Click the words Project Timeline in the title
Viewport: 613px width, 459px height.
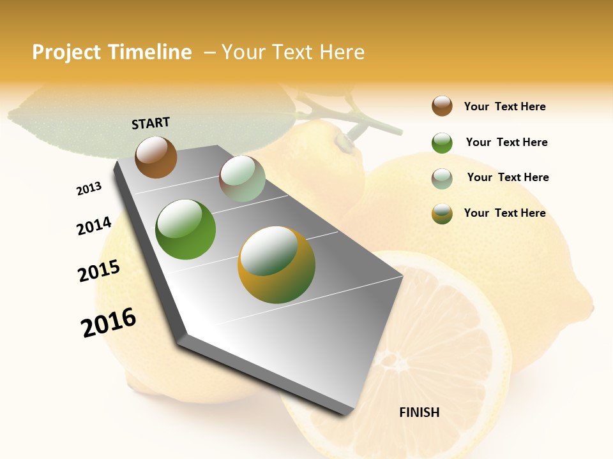(x=112, y=52)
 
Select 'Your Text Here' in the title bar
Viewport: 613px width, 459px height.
(x=293, y=52)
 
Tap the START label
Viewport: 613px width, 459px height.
(x=151, y=123)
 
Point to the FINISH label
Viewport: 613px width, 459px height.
(x=420, y=412)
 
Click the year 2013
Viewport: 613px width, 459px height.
(x=89, y=189)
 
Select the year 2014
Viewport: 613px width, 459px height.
(x=94, y=226)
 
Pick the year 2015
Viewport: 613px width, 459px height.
(x=99, y=271)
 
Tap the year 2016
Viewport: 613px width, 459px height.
(x=109, y=323)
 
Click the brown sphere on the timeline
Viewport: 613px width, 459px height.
(x=156, y=157)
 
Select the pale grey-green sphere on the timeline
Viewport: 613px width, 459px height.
(x=242, y=178)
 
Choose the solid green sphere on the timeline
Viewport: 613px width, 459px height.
(x=186, y=229)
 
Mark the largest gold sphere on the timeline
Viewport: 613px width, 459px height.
(x=276, y=265)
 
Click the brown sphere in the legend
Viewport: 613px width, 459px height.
(x=442, y=106)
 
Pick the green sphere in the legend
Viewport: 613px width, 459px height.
(x=442, y=143)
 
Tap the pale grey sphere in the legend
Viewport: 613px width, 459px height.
(x=442, y=178)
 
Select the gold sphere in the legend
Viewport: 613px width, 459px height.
(x=442, y=214)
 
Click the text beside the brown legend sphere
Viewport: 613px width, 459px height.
(x=504, y=106)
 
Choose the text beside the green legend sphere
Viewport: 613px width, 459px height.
(x=506, y=142)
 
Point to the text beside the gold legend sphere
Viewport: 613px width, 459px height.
(x=504, y=213)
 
